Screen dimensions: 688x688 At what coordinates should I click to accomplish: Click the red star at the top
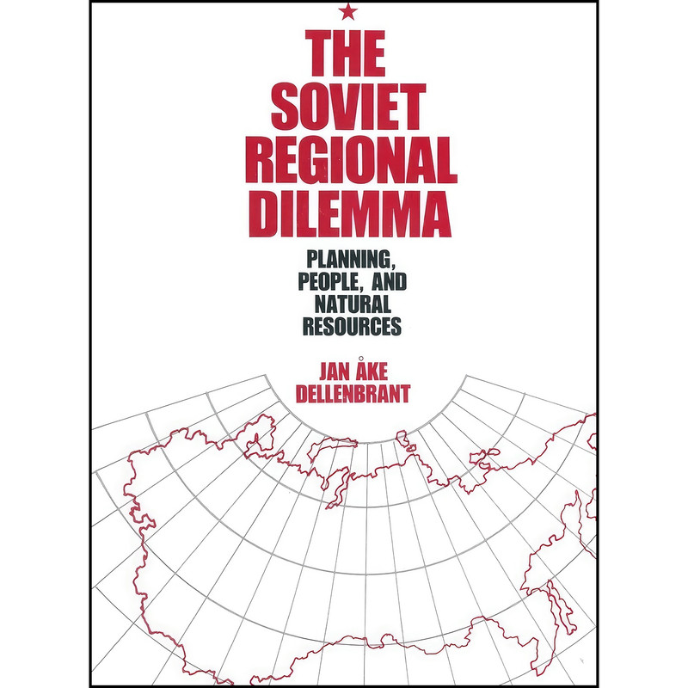coord(347,11)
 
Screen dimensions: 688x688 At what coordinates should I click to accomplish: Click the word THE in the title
coord(347,55)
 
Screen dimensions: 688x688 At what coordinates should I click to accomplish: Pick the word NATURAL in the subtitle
coord(347,304)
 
